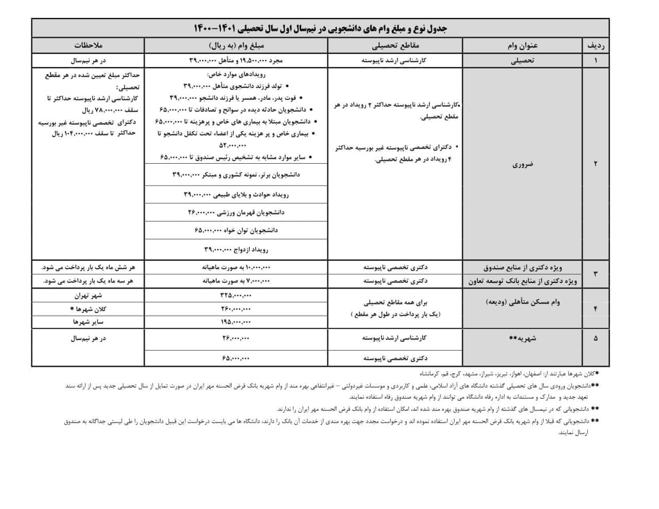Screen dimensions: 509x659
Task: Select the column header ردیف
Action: [x=596, y=46]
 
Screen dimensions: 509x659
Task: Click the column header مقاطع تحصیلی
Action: [x=395, y=46]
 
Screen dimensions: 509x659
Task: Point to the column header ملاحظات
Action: [x=89, y=46]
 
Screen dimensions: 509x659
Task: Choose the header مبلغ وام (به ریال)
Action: [x=236, y=46]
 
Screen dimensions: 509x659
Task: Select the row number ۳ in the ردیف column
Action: [x=596, y=274]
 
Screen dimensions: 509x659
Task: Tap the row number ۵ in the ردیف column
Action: [x=596, y=338]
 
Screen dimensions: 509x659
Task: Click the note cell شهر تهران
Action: [x=88, y=295]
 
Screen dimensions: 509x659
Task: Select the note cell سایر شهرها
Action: [x=88, y=322]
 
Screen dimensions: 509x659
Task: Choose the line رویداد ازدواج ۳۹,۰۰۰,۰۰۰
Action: [x=236, y=250]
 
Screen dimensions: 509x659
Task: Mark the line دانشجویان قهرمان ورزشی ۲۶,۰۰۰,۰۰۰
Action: [x=236, y=212]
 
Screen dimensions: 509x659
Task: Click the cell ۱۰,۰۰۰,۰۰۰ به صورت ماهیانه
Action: [x=236, y=268]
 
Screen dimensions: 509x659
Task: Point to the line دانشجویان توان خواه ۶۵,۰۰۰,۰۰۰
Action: [x=236, y=230]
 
